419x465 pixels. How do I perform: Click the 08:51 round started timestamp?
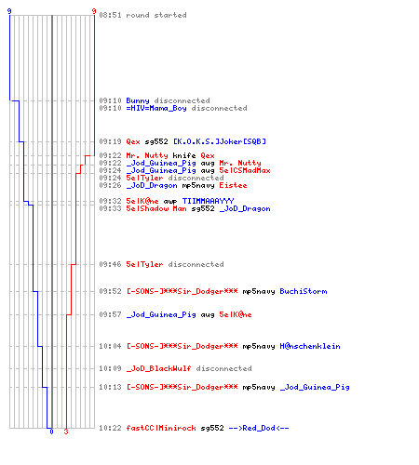click(110, 15)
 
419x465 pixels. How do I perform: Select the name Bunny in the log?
click(138, 100)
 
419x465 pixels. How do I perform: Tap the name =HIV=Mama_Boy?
click(156, 108)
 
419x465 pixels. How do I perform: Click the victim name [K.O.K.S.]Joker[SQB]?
click(220, 141)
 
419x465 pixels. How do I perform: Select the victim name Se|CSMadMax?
click(245, 170)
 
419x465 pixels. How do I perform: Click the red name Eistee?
click(233, 185)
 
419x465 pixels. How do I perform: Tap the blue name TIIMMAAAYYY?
click(208, 201)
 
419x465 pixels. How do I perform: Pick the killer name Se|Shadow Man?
click(156, 208)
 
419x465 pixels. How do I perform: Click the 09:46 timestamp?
click(110, 264)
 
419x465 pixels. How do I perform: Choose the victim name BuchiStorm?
click(304, 291)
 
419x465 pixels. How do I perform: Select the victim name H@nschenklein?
click(310, 346)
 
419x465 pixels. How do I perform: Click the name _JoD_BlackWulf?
click(158, 368)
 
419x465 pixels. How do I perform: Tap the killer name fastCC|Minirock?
click(161, 428)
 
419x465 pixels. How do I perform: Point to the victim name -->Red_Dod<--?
click(259, 428)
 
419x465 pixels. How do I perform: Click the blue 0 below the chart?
click(51, 432)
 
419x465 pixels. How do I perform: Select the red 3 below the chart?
click(66, 432)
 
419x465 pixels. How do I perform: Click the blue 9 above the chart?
click(9, 11)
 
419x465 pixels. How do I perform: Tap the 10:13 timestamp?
click(110, 387)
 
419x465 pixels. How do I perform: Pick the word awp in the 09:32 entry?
click(170, 202)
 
